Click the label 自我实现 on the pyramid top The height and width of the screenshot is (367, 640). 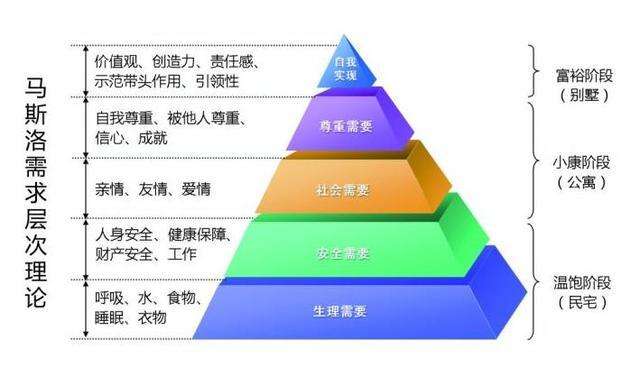tap(344, 68)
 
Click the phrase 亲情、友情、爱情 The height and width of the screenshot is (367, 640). tap(147, 189)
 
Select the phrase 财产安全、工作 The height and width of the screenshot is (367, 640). tap(146, 255)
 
